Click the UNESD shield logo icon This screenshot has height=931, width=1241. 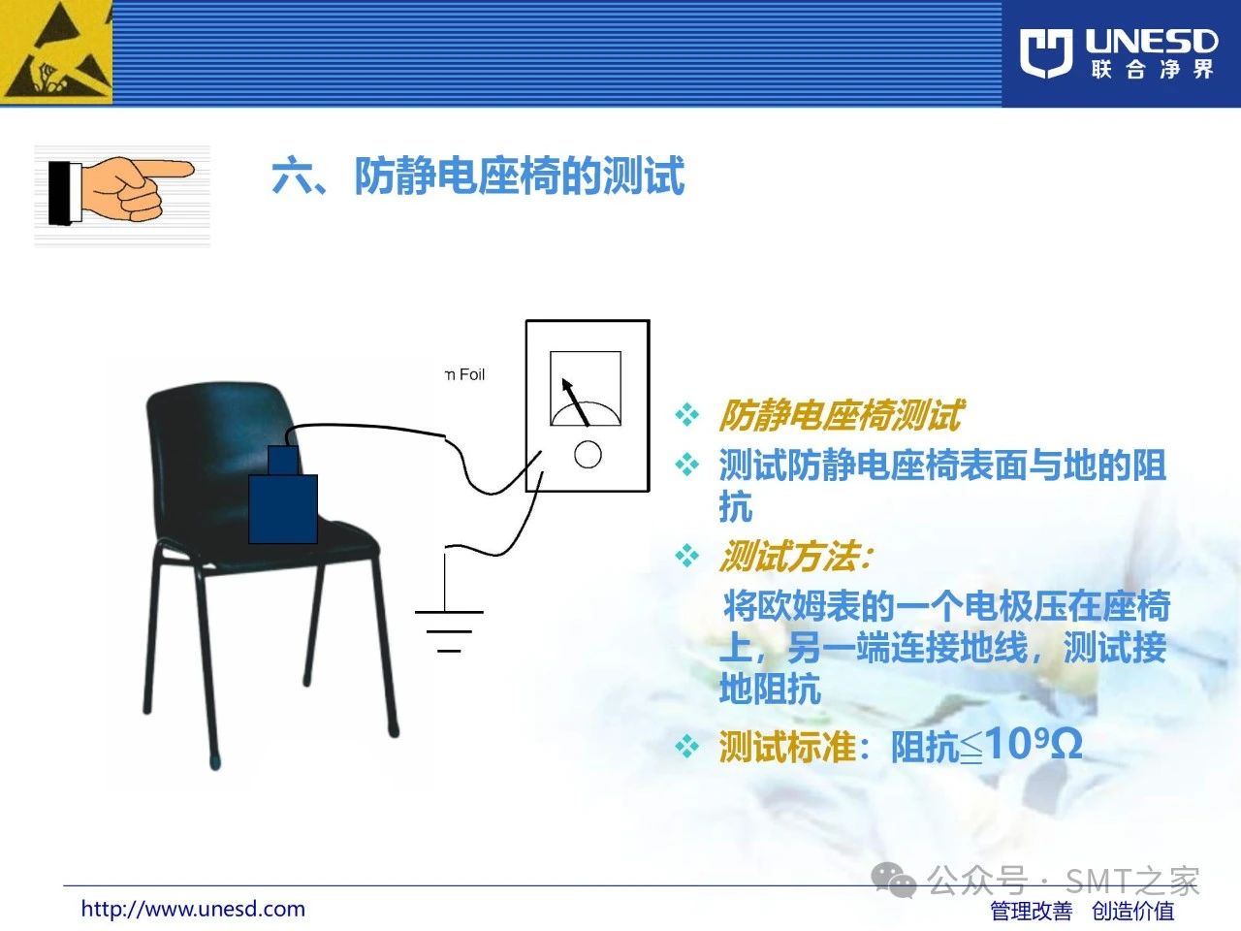point(1046,53)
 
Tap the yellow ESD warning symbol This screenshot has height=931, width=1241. point(56,52)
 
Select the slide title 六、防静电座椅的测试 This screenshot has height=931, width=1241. point(478,176)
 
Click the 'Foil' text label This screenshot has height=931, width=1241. point(472,374)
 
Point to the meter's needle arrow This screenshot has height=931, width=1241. point(575,401)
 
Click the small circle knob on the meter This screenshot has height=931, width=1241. point(588,454)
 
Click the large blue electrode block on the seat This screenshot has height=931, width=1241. point(283,509)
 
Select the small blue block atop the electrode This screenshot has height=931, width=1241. point(283,460)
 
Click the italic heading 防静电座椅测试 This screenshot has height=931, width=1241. point(841,415)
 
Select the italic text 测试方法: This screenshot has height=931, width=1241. point(795,557)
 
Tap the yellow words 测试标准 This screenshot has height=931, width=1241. point(786,747)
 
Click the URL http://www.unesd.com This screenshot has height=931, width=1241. point(193,909)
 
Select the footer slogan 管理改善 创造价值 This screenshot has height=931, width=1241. point(1082,911)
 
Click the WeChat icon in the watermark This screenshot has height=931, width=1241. point(893,880)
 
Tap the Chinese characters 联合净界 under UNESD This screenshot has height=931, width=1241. point(1152,70)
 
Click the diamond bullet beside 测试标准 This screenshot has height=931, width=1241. point(687,746)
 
